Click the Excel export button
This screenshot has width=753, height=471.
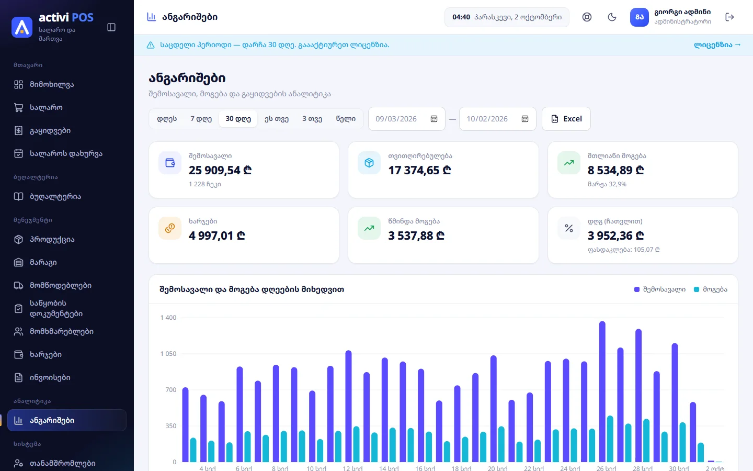pos(566,119)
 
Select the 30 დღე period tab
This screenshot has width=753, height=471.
pos(238,119)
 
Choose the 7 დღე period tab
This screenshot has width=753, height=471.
pos(201,119)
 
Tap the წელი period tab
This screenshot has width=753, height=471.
pos(346,119)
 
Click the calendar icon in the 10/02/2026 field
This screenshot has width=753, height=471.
pos(525,119)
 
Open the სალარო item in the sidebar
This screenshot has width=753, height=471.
pos(46,108)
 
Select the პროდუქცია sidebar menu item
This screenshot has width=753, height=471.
pos(52,240)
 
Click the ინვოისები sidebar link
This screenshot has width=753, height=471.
pos(50,377)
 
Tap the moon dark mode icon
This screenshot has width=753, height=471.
pos(612,17)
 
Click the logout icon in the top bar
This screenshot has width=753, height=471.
pos(729,17)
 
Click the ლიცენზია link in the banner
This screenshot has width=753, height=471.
pos(717,45)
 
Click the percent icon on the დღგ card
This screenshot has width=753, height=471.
pos(569,228)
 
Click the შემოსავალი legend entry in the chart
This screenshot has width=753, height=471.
pos(659,289)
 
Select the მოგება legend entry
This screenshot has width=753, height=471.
pos(710,289)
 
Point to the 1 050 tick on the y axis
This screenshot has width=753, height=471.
pos(168,354)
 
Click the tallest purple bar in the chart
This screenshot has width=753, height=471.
pos(602,391)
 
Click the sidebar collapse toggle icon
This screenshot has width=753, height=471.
pos(111,27)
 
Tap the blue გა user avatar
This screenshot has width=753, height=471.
pos(640,17)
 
